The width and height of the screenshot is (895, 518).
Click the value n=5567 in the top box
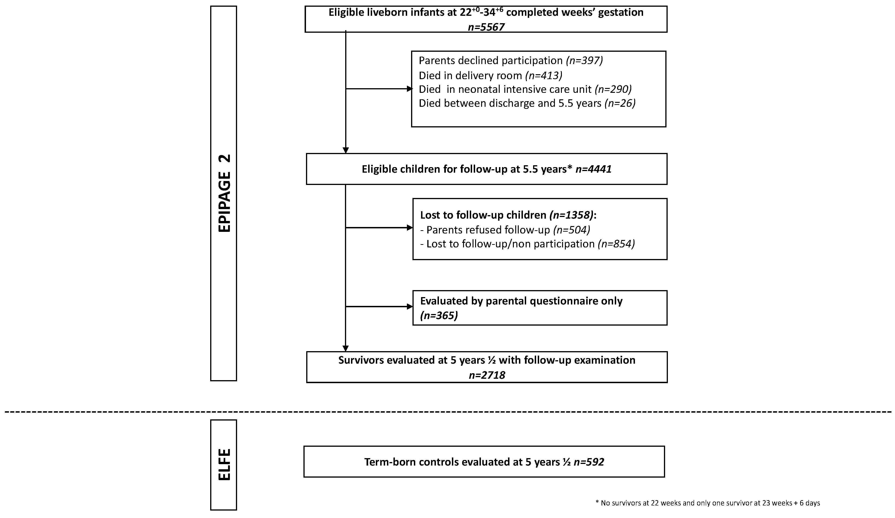click(x=486, y=27)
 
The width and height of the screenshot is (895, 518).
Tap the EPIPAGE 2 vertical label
click(x=224, y=193)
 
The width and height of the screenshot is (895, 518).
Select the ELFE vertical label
click(x=224, y=465)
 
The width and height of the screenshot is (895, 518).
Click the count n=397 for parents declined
click(x=584, y=60)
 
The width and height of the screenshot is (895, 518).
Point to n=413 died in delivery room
click(x=543, y=75)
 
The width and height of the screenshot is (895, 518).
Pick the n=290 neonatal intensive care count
click(x=613, y=89)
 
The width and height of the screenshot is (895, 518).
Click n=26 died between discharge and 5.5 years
click(x=620, y=103)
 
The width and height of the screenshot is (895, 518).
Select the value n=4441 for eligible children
click(x=593, y=169)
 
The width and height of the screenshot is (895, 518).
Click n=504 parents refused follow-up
click(x=571, y=230)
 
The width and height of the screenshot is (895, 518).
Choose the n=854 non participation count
click(x=616, y=244)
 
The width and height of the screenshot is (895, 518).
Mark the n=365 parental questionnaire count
click(x=439, y=315)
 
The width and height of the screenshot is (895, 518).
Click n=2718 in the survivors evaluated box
click(x=486, y=375)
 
